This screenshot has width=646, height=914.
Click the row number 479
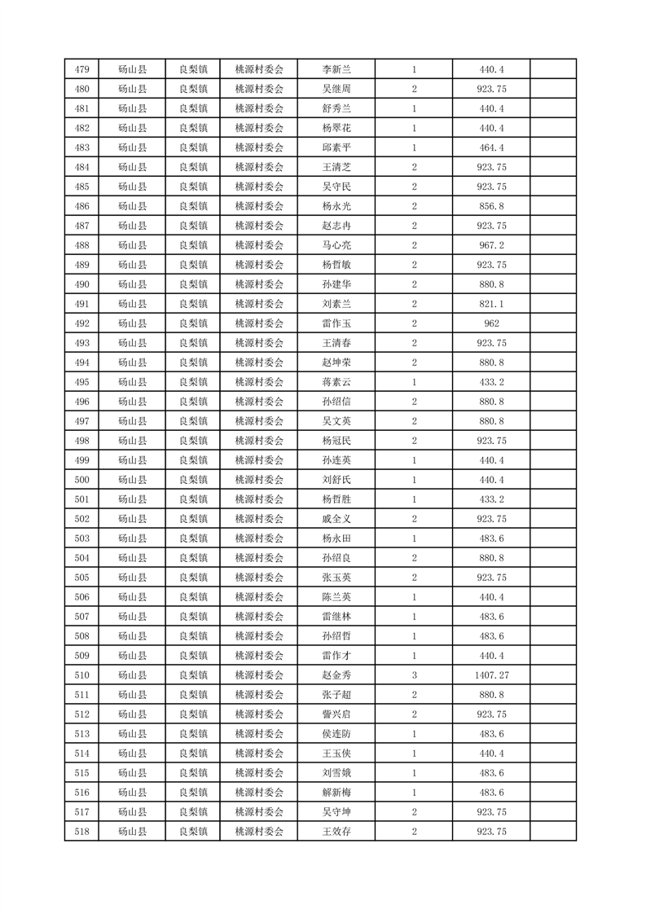point(81,69)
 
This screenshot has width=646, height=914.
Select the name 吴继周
point(336,89)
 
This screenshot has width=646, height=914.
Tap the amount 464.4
point(491,147)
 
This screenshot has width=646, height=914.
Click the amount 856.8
point(491,206)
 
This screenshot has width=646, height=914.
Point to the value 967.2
point(491,245)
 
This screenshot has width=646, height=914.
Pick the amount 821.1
point(491,304)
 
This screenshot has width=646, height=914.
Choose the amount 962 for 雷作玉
point(491,323)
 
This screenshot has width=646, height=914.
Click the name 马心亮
point(336,245)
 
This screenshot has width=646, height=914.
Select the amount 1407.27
point(491,675)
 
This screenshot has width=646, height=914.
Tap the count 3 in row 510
point(415,675)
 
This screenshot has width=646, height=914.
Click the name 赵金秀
point(336,675)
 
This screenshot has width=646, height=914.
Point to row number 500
point(81,480)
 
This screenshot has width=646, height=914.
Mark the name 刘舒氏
point(336,480)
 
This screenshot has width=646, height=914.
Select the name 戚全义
point(336,519)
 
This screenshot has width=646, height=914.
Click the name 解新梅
point(336,793)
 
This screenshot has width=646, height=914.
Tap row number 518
point(81,832)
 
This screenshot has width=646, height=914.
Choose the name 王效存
point(336,832)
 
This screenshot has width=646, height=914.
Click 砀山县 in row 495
point(132,382)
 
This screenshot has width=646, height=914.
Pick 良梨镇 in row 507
point(193,617)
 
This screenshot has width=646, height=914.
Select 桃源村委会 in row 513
point(259,734)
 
